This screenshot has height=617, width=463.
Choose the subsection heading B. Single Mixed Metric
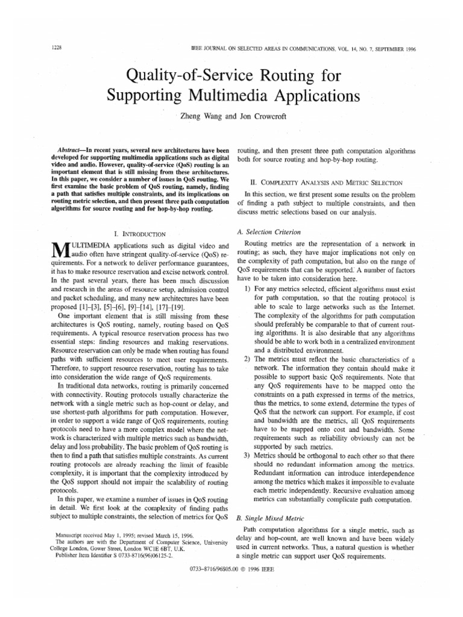(271, 517)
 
